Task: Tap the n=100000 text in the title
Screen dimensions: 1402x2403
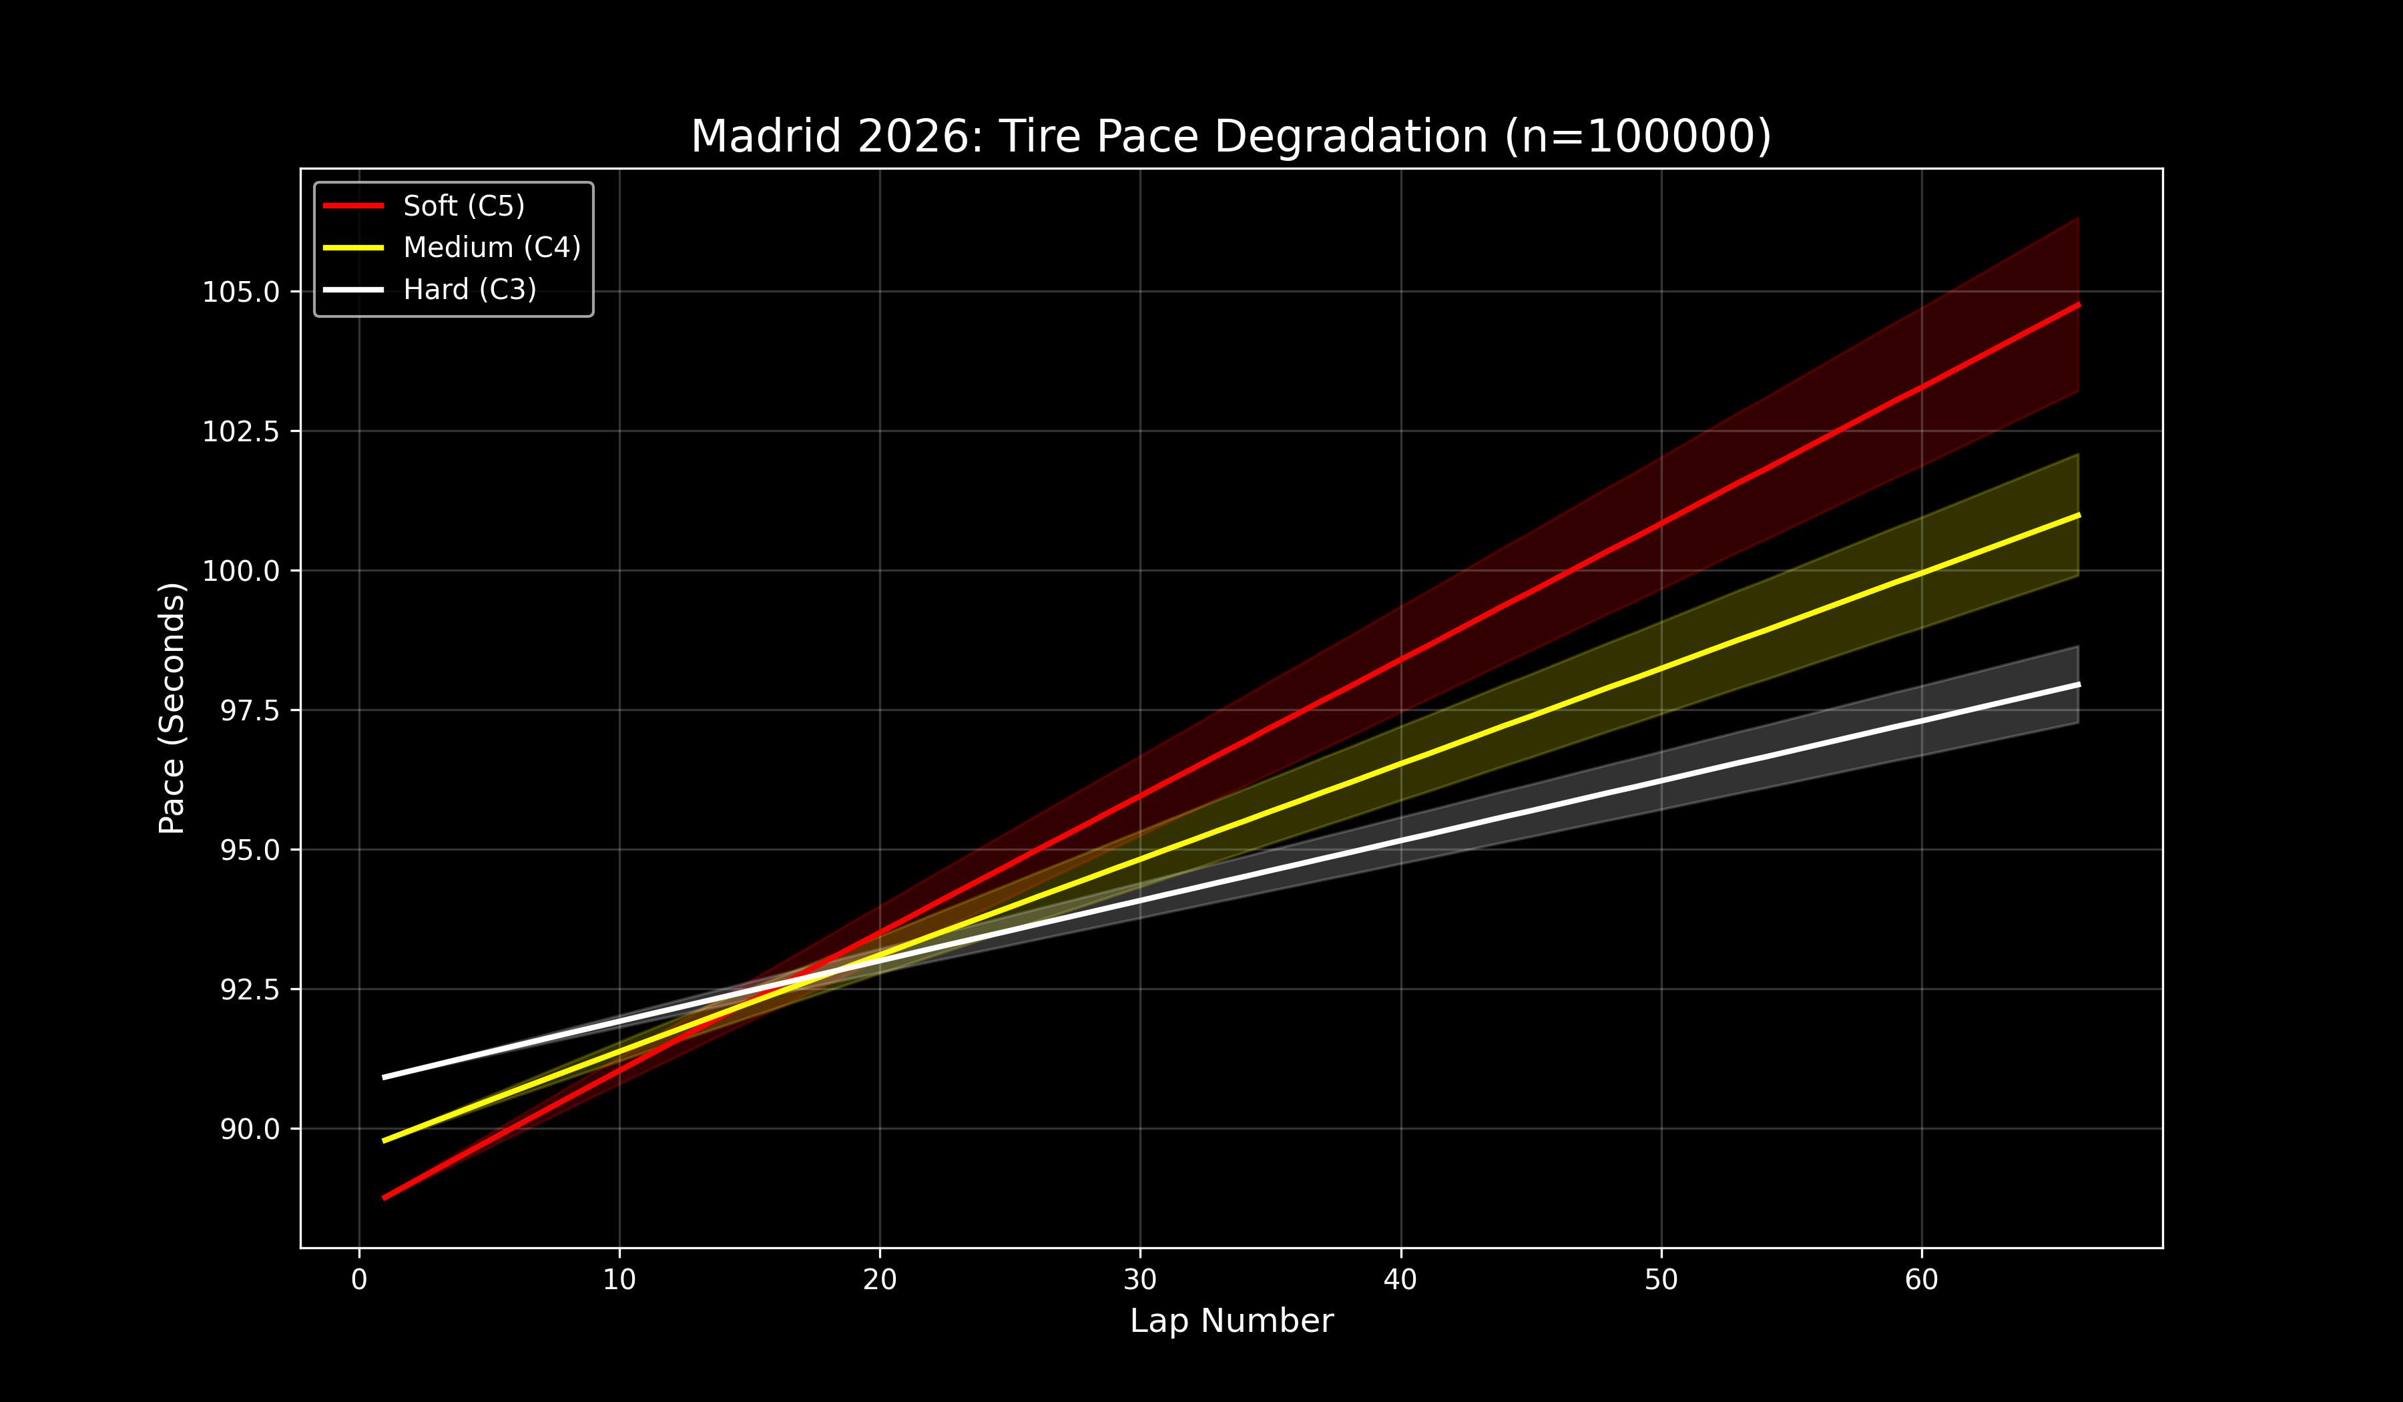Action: (x=1637, y=136)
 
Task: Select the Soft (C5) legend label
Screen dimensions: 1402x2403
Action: (x=463, y=206)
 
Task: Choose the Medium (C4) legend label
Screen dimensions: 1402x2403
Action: (x=492, y=248)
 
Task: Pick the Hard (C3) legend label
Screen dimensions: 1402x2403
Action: (x=469, y=290)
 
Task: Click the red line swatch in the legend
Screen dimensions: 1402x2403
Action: (x=354, y=206)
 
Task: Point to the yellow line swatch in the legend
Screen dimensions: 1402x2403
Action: (x=354, y=248)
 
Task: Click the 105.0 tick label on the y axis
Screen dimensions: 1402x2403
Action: (x=240, y=292)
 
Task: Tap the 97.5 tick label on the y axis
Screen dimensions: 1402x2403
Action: (x=250, y=710)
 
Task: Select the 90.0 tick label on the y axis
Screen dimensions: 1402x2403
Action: (x=250, y=1129)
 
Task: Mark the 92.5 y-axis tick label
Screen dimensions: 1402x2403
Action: (x=250, y=990)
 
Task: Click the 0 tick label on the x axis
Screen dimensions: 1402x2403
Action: (x=360, y=1280)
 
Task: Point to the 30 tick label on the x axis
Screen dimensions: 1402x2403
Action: (x=1141, y=1280)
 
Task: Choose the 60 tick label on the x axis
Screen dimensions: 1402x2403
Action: (x=1922, y=1280)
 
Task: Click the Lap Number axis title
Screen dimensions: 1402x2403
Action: (x=1231, y=1321)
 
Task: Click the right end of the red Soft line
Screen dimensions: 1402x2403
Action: (x=2077, y=305)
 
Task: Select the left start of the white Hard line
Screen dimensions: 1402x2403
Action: (x=385, y=1077)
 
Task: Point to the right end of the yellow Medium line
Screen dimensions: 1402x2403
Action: (x=2077, y=516)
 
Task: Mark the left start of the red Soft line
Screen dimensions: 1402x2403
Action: (x=385, y=1197)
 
